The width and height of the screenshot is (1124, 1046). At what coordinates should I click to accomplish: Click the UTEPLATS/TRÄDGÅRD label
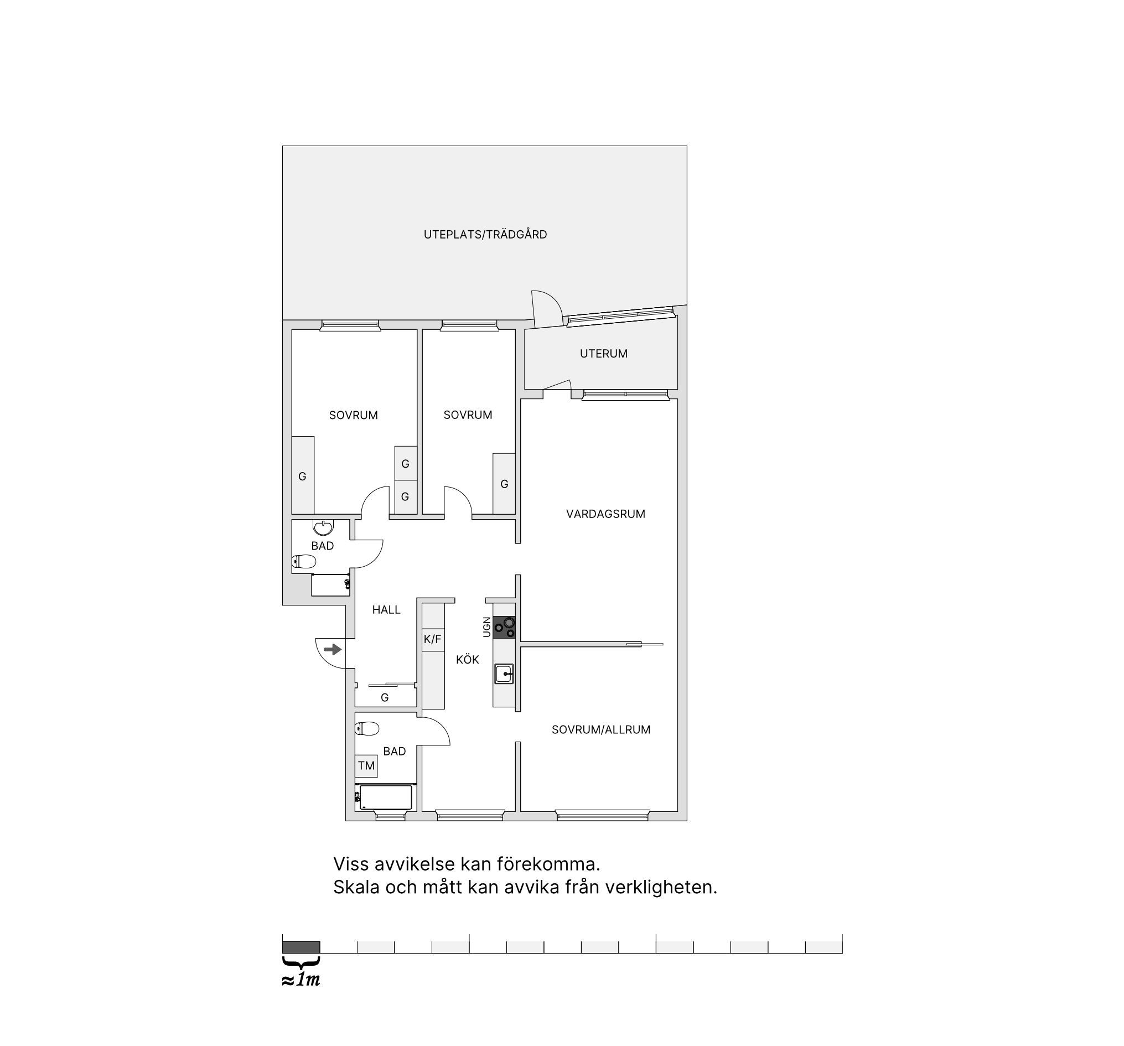coord(485,235)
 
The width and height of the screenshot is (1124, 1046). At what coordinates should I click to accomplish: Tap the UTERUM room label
coord(603,354)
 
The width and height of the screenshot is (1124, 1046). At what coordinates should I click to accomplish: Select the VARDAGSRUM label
coord(605,514)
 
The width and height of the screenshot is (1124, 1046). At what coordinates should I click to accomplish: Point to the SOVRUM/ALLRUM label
coord(601,730)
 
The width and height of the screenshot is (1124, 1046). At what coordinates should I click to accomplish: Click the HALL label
coord(386,610)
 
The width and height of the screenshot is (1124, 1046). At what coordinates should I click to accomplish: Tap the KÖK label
coord(468,660)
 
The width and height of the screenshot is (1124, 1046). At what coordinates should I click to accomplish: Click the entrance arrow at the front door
coord(333,649)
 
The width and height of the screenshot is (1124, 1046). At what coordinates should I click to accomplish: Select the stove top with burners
coord(504,628)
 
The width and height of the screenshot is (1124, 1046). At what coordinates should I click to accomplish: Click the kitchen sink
coord(504,674)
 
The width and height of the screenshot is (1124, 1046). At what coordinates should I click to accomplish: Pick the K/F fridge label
coord(433,639)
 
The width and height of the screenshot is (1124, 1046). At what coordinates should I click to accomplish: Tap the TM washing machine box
coord(366,765)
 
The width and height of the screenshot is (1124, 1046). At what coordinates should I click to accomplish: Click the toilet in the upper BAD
coord(304,561)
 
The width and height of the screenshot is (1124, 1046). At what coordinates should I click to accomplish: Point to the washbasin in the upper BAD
coord(323,527)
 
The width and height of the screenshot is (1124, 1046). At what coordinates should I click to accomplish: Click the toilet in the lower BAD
coord(367,728)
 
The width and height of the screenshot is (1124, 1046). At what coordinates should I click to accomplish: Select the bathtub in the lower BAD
coord(386,797)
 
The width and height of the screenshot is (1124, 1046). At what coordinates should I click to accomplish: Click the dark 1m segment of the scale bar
coord(302,947)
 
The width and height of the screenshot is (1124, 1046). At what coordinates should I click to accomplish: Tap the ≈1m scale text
coord(301,980)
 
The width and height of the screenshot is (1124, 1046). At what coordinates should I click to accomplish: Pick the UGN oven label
coord(487,627)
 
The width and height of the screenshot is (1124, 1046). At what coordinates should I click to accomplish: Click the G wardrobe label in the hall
coord(385,698)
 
